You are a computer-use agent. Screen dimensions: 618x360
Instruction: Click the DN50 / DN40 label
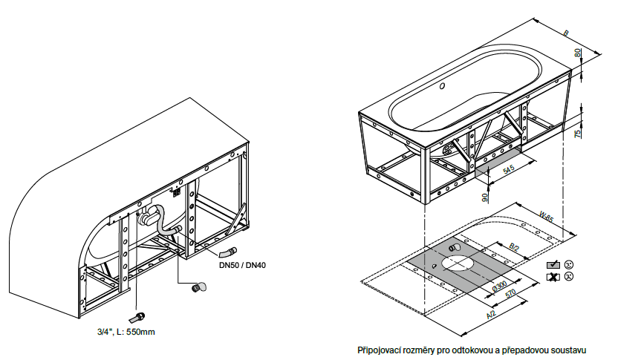(x=242, y=265)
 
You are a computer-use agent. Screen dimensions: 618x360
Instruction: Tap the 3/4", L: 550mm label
(x=126, y=332)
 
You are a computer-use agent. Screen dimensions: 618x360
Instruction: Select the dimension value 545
(x=509, y=169)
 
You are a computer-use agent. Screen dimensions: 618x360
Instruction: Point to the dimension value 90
(x=485, y=197)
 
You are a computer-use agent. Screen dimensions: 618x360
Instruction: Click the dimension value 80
(x=578, y=53)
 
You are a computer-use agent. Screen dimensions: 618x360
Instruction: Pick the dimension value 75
(x=578, y=134)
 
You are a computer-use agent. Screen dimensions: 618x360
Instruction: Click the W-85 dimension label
(x=546, y=216)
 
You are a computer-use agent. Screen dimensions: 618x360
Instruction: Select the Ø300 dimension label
(x=500, y=287)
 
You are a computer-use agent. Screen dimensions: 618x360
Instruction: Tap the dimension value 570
(x=510, y=294)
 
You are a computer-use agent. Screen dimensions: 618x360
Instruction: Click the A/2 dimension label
(x=491, y=315)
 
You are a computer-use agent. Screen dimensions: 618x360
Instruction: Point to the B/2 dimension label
(x=514, y=247)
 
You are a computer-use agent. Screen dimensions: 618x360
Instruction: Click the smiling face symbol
(x=569, y=265)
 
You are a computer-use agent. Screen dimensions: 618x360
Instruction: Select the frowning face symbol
(x=569, y=277)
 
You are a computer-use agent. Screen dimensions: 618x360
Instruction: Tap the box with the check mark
(x=553, y=265)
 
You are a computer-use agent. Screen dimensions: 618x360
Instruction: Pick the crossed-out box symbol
(x=553, y=277)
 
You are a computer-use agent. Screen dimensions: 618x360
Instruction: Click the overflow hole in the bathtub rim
(x=442, y=86)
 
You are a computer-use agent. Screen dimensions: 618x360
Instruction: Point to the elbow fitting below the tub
(x=198, y=287)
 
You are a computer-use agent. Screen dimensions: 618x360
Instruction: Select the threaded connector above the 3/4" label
(x=137, y=318)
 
